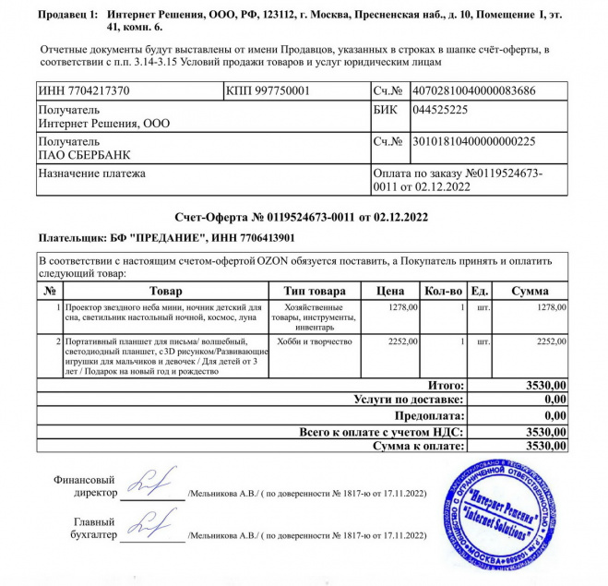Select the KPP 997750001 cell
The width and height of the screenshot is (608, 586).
[x=268, y=91]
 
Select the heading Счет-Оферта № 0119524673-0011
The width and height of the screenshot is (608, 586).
[x=303, y=218]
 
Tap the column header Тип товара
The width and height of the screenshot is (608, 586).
[x=316, y=291]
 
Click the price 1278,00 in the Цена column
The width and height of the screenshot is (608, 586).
[x=403, y=307]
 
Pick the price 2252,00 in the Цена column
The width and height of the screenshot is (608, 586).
[x=403, y=341]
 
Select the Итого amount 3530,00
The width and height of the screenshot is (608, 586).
[x=544, y=385]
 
